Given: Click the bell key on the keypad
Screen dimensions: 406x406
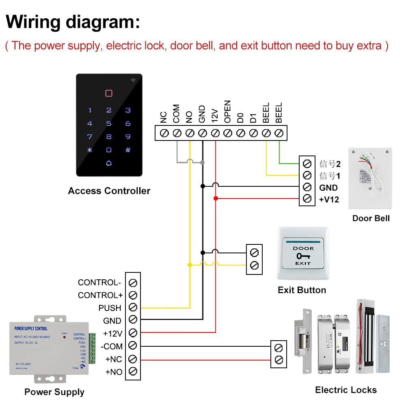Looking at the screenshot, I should point(109,163).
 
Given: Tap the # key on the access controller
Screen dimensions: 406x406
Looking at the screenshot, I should point(128,150).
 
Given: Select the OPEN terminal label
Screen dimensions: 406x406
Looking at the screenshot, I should point(228,112).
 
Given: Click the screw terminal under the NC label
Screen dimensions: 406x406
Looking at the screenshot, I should point(164,133).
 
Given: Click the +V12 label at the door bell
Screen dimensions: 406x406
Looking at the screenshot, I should point(329,199).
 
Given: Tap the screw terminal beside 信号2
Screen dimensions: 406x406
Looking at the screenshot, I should point(307,164).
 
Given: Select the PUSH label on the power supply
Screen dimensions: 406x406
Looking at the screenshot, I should point(110,308).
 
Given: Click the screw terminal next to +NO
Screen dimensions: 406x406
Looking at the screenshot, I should point(133,371).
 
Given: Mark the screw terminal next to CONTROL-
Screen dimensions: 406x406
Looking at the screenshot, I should point(133,283).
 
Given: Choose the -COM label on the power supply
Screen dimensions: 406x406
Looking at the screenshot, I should point(112,346).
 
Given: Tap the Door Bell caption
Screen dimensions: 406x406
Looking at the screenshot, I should point(371,218).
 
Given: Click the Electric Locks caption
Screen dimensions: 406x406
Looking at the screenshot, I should point(346,390).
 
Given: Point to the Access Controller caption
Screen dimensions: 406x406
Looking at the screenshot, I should point(109,191).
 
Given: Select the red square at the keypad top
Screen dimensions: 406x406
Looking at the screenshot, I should point(109,93).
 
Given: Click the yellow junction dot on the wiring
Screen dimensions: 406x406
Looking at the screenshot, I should point(190,265).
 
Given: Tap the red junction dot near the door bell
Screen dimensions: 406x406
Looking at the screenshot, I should point(216,198).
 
